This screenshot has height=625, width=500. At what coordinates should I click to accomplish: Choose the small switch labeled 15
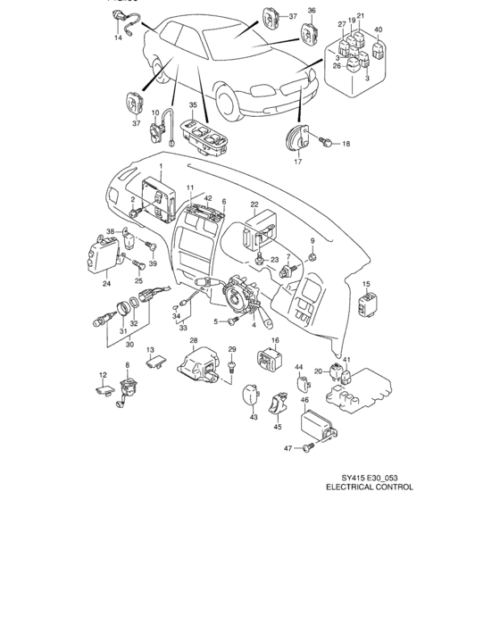coord(366,307)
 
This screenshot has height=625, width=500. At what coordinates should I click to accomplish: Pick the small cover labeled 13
coord(161,361)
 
